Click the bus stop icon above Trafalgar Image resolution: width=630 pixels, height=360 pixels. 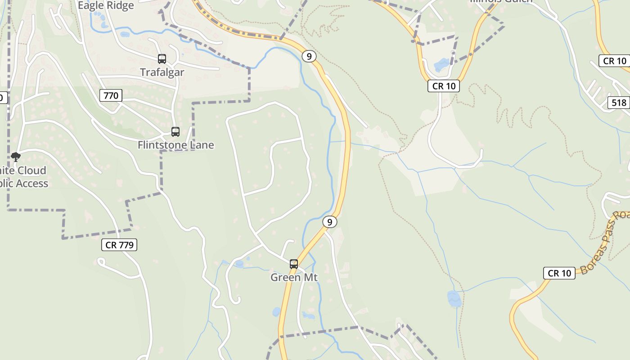pyautogui.click(x=162, y=59)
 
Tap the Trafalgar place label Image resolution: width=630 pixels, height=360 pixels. pyautogui.click(x=162, y=72)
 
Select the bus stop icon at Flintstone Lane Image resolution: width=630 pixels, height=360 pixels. pyautogui.click(x=175, y=132)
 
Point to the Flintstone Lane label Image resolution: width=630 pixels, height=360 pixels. pyautogui.click(x=175, y=145)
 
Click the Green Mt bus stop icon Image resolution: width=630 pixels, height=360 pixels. pyautogui.click(x=294, y=264)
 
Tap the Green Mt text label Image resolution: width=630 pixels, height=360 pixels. pyautogui.click(x=294, y=277)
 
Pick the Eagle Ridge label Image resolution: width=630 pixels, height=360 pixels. pyautogui.click(x=106, y=5)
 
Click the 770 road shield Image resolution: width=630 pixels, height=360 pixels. pyautogui.click(x=111, y=95)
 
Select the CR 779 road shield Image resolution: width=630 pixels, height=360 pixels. pyautogui.click(x=119, y=245)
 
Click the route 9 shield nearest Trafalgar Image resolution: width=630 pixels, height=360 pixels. pyautogui.click(x=309, y=56)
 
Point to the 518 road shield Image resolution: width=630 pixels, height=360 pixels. pyautogui.click(x=619, y=103)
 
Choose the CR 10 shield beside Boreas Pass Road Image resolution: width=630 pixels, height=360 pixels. pyautogui.click(x=559, y=273)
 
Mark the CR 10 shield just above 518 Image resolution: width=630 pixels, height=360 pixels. pyautogui.click(x=614, y=61)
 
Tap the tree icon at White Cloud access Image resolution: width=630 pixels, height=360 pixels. pyautogui.click(x=16, y=157)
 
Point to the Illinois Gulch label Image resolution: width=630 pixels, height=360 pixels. pyautogui.click(x=501, y=1)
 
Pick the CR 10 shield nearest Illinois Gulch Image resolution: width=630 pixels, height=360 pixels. pyautogui.click(x=444, y=86)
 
